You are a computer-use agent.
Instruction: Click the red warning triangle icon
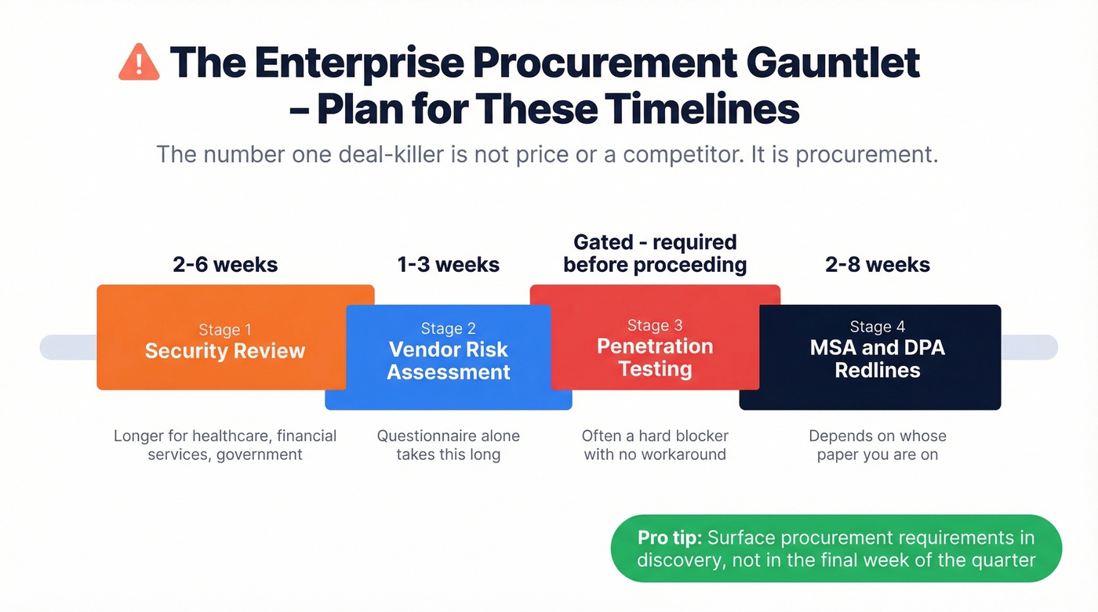coord(138,62)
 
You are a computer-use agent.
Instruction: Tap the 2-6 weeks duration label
coord(225,265)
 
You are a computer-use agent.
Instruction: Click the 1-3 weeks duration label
coord(449,265)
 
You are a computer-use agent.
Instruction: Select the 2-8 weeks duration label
coord(878,265)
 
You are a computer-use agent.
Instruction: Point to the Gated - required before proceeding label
coord(655,253)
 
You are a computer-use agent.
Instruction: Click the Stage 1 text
coord(225,330)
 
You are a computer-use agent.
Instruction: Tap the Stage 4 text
coord(877,327)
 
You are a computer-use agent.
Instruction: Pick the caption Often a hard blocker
coord(655,436)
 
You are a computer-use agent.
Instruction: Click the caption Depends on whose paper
coord(877,436)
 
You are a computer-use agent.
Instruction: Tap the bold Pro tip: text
coord(669,538)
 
